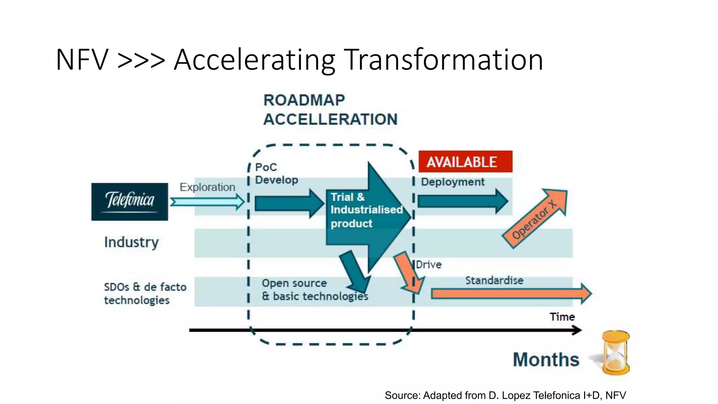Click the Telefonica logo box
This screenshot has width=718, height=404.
pyautogui.click(x=129, y=201)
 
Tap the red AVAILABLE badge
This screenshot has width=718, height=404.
pyautogui.click(x=465, y=162)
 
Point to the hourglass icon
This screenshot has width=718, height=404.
pyautogui.click(x=615, y=352)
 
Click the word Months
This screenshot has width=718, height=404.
pyautogui.click(x=546, y=359)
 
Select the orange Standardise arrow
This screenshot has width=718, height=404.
pyautogui.click(x=510, y=294)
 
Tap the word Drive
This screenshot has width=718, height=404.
pyautogui.click(x=429, y=265)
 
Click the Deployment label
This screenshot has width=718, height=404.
pyautogui.click(x=453, y=182)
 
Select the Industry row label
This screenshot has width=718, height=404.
pyautogui.click(x=131, y=242)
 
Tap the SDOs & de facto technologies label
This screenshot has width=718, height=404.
pyautogui.click(x=145, y=294)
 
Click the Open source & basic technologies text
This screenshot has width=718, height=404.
pyautogui.click(x=314, y=290)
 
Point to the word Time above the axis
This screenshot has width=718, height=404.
pyautogui.click(x=562, y=317)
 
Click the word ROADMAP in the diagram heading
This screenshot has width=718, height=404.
pyautogui.click(x=304, y=100)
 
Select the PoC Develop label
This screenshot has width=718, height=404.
pyautogui.click(x=276, y=174)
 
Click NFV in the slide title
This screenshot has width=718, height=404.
pyautogui.click(x=82, y=60)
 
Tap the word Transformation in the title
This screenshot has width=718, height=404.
pyautogui.click(x=443, y=60)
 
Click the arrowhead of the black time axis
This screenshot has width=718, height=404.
pyautogui.click(x=577, y=330)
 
